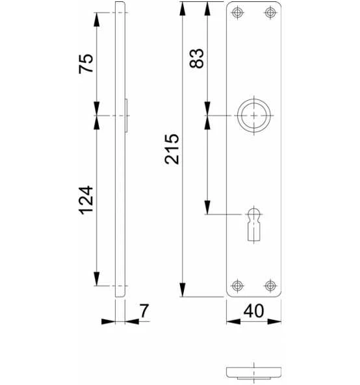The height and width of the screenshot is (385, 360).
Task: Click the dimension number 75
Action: coord(86,63)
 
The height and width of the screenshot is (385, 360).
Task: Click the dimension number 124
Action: coord(86,200)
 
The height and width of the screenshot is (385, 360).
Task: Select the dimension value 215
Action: coord(172,149)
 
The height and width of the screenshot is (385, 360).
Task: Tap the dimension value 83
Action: coord(196,58)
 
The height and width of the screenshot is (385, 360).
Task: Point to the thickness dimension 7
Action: coord(144,311)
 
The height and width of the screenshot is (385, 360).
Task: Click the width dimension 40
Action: coord(253,311)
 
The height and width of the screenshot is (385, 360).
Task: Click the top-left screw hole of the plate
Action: coord(237,12)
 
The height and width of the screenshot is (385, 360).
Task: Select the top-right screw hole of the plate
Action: coord(270,12)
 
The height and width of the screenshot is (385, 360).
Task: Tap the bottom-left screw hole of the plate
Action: coord(237,285)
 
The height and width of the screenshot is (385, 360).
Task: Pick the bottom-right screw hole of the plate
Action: coord(270,285)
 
